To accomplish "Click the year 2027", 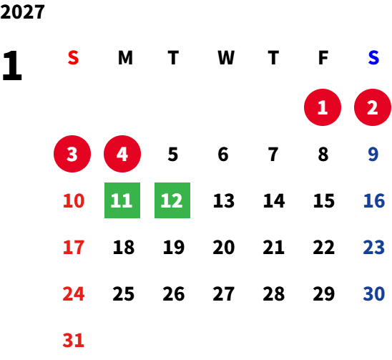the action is click(x=22, y=11).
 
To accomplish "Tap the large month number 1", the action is click(x=12, y=66).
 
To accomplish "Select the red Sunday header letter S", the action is click(x=73, y=58).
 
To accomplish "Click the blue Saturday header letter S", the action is click(x=373, y=58).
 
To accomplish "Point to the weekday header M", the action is click(x=125, y=58).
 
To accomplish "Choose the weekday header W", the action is click(x=226, y=58).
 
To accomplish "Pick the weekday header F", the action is click(x=323, y=58).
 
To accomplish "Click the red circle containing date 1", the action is click(x=323, y=107).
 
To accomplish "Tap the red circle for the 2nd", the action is click(x=373, y=107).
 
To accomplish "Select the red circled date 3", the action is click(x=72, y=154).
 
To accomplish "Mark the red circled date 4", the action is click(x=122, y=154).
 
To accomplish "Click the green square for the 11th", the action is click(x=122, y=200).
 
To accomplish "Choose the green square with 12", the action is click(x=172, y=200).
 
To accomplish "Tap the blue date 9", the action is click(x=373, y=154).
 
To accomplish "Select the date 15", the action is click(x=324, y=200).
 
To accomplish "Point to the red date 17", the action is click(x=74, y=247).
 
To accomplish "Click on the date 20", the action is click(x=224, y=247).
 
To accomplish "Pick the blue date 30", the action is click(x=374, y=293).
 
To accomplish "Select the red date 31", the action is click(x=73, y=340).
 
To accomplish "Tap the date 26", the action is click(x=174, y=293).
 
